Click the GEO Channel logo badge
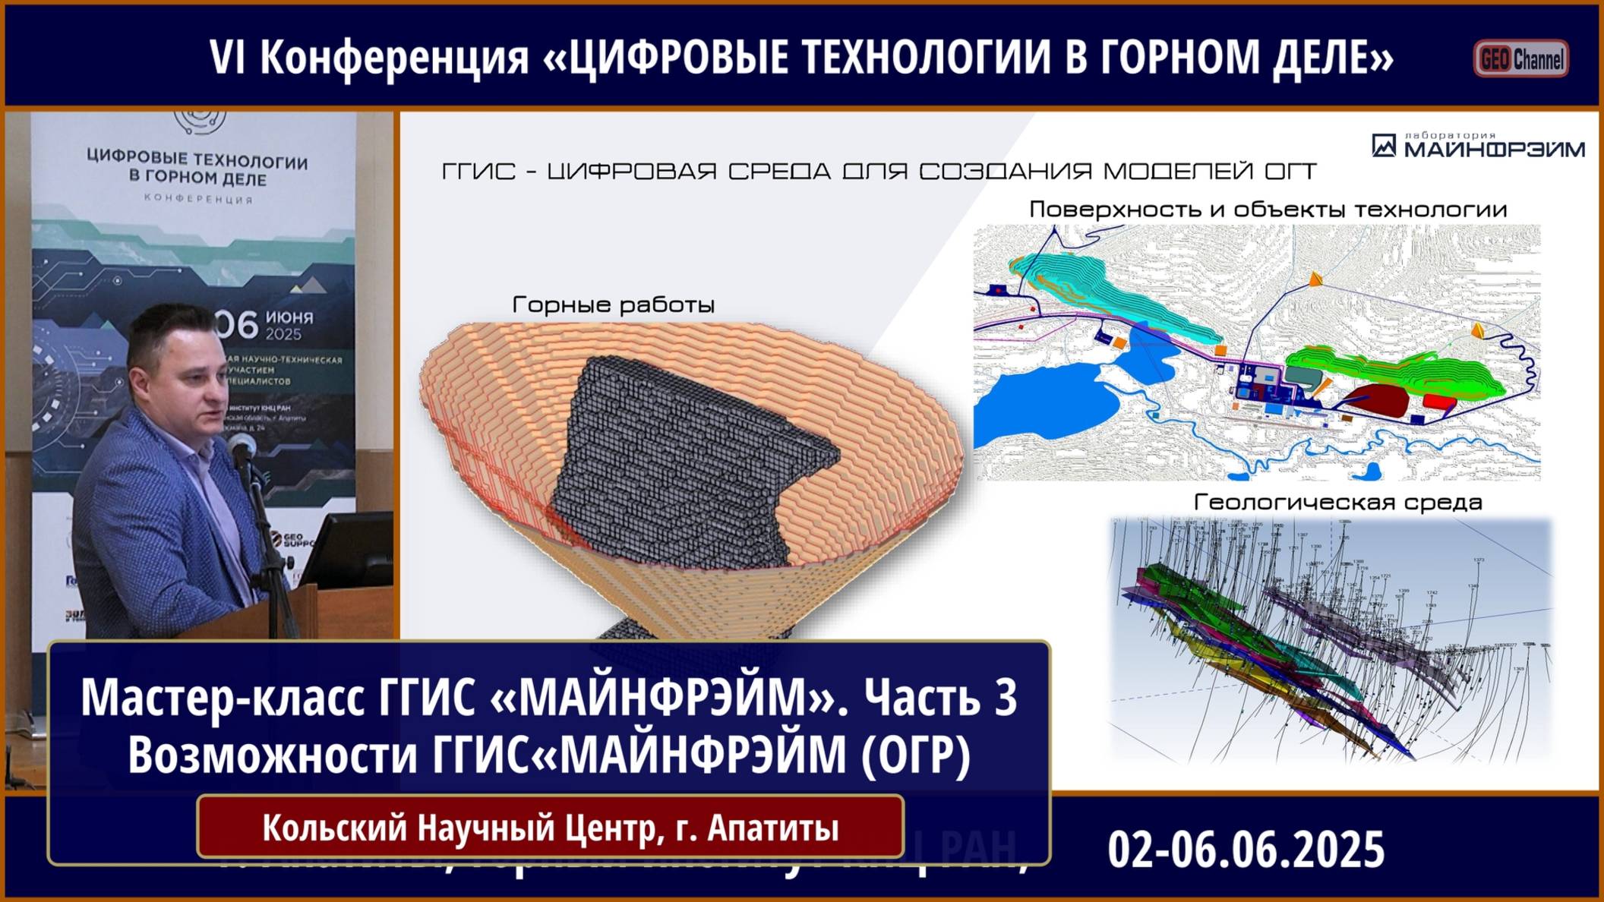1521,58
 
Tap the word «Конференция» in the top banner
394,57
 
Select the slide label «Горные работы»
614,305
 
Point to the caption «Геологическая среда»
1337,503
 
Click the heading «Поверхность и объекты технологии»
1268,210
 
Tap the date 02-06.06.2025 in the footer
1246,849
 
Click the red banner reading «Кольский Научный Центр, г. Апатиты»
550,827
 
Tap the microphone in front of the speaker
242,447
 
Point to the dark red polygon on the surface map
1375,397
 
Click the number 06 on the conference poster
237,325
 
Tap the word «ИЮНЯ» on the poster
289,317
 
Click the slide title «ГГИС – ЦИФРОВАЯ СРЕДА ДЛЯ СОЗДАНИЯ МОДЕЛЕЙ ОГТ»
879,172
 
